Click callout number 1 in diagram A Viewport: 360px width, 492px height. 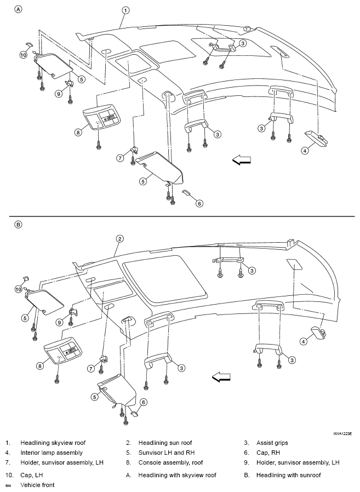(x=125, y=10)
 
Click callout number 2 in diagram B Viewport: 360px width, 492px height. (x=119, y=239)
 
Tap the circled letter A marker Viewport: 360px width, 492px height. (x=19, y=9)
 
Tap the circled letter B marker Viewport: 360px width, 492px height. (x=19, y=225)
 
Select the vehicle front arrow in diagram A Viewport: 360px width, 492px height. (x=242, y=160)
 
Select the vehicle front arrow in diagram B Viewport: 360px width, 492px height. (x=221, y=377)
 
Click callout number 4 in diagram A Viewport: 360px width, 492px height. (x=305, y=151)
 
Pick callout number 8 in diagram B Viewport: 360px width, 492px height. (x=39, y=365)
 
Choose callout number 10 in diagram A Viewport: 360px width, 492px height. (x=23, y=55)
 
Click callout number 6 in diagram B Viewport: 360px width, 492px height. (x=143, y=402)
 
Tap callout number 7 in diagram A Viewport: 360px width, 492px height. (x=120, y=158)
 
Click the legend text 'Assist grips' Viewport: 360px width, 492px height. (x=272, y=443)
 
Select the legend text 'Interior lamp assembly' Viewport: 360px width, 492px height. (x=52, y=453)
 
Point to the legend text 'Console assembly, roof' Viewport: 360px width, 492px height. (x=170, y=462)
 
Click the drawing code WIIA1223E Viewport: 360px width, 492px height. (x=342, y=433)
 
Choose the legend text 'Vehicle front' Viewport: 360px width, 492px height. (x=37, y=485)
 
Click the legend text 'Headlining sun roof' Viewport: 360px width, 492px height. (x=165, y=443)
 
